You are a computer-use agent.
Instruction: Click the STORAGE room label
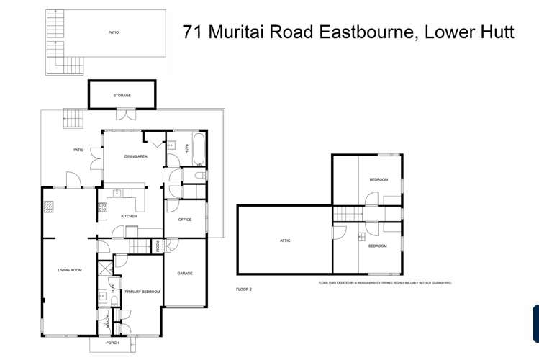click(122, 95)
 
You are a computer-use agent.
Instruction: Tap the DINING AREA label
click(136, 156)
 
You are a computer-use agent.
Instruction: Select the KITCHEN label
click(129, 216)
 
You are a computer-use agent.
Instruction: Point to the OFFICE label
click(184, 220)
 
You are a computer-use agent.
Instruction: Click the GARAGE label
click(184, 274)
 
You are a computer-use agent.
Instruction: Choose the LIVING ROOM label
click(70, 270)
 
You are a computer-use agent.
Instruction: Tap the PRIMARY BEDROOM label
click(142, 292)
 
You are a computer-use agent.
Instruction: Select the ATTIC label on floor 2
click(285, 240)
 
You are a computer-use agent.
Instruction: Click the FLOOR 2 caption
click(244, 289)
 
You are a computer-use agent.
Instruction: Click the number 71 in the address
click(191, 32)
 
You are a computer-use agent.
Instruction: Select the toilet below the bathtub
click(201, 175)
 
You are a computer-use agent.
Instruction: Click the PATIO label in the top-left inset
click(113, 32)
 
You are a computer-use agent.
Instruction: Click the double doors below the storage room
click(126, 113)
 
